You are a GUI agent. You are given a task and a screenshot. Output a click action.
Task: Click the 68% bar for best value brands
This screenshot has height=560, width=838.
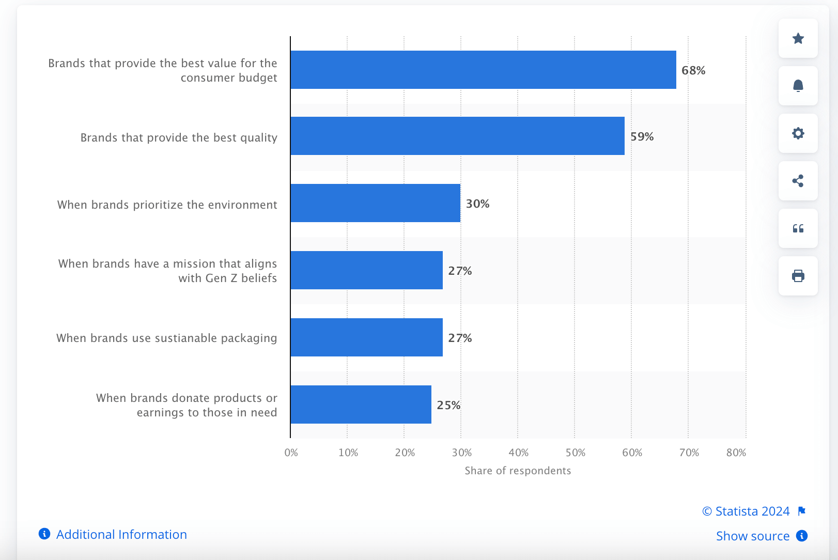483,70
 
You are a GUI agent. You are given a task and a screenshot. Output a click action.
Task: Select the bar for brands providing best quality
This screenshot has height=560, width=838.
457,136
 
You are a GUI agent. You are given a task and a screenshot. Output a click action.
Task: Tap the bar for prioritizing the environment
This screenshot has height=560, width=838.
375,203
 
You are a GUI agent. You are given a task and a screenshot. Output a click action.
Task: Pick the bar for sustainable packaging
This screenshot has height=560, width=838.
366,337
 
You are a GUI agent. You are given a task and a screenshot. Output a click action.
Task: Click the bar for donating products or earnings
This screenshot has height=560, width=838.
361,405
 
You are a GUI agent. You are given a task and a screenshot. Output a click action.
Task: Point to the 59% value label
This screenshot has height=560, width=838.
642,136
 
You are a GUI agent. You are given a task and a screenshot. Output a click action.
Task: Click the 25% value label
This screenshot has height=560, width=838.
448,405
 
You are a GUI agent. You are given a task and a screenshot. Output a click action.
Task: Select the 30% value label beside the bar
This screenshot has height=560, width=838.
477,204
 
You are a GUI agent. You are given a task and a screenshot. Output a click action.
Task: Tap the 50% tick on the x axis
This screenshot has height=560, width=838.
575,453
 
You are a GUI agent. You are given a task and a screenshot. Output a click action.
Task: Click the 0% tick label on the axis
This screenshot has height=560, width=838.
291,453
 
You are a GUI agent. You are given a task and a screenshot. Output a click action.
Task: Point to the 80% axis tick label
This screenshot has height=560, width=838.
736,453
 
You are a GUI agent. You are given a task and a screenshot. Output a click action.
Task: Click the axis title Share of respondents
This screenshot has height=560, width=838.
518,471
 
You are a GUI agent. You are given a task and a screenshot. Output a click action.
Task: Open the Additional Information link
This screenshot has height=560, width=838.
121,534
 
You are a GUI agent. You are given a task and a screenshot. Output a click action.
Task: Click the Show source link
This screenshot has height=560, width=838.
753,536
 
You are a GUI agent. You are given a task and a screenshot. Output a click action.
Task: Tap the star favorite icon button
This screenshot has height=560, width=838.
798,38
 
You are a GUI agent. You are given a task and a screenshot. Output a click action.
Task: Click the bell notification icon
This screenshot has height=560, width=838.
798,86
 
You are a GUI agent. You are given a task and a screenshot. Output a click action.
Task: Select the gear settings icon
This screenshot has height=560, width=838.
798,133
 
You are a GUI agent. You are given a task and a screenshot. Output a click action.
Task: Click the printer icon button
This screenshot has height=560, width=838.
798,276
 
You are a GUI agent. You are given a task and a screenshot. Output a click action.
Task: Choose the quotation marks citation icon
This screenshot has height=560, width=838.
798,228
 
